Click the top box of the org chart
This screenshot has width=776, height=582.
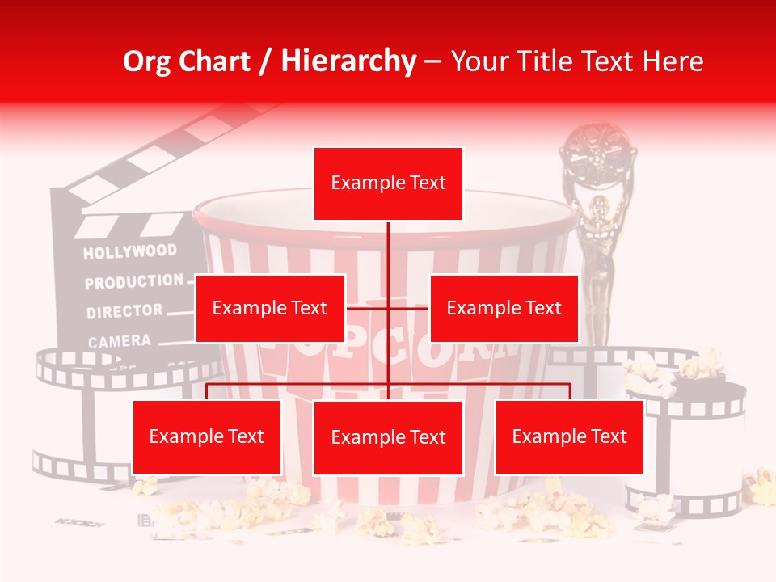click(x=388, y=183)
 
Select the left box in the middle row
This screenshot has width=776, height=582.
click(x=270, y=308)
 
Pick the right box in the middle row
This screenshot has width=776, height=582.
click(x=504, y=308)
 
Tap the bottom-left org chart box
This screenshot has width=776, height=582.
click(x=207, y=437)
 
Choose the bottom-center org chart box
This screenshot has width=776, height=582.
click(x=388, y=437)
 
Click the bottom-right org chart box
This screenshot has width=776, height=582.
click(x=569, y=437)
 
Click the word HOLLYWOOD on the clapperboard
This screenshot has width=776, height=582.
click(x=129, y=252)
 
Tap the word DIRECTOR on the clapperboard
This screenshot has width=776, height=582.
click(x=124, y=311)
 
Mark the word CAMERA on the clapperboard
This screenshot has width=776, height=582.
click(x=120, y=341)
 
